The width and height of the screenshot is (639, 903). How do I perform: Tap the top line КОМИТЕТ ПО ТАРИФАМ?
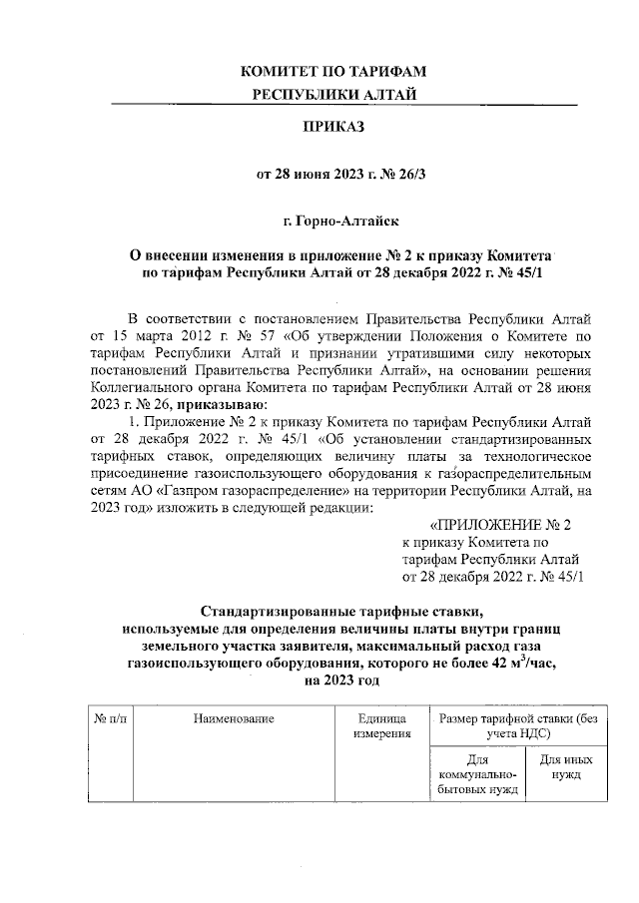pos(333,71)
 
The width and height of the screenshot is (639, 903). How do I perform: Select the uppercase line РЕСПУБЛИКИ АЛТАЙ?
pos(334,94)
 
